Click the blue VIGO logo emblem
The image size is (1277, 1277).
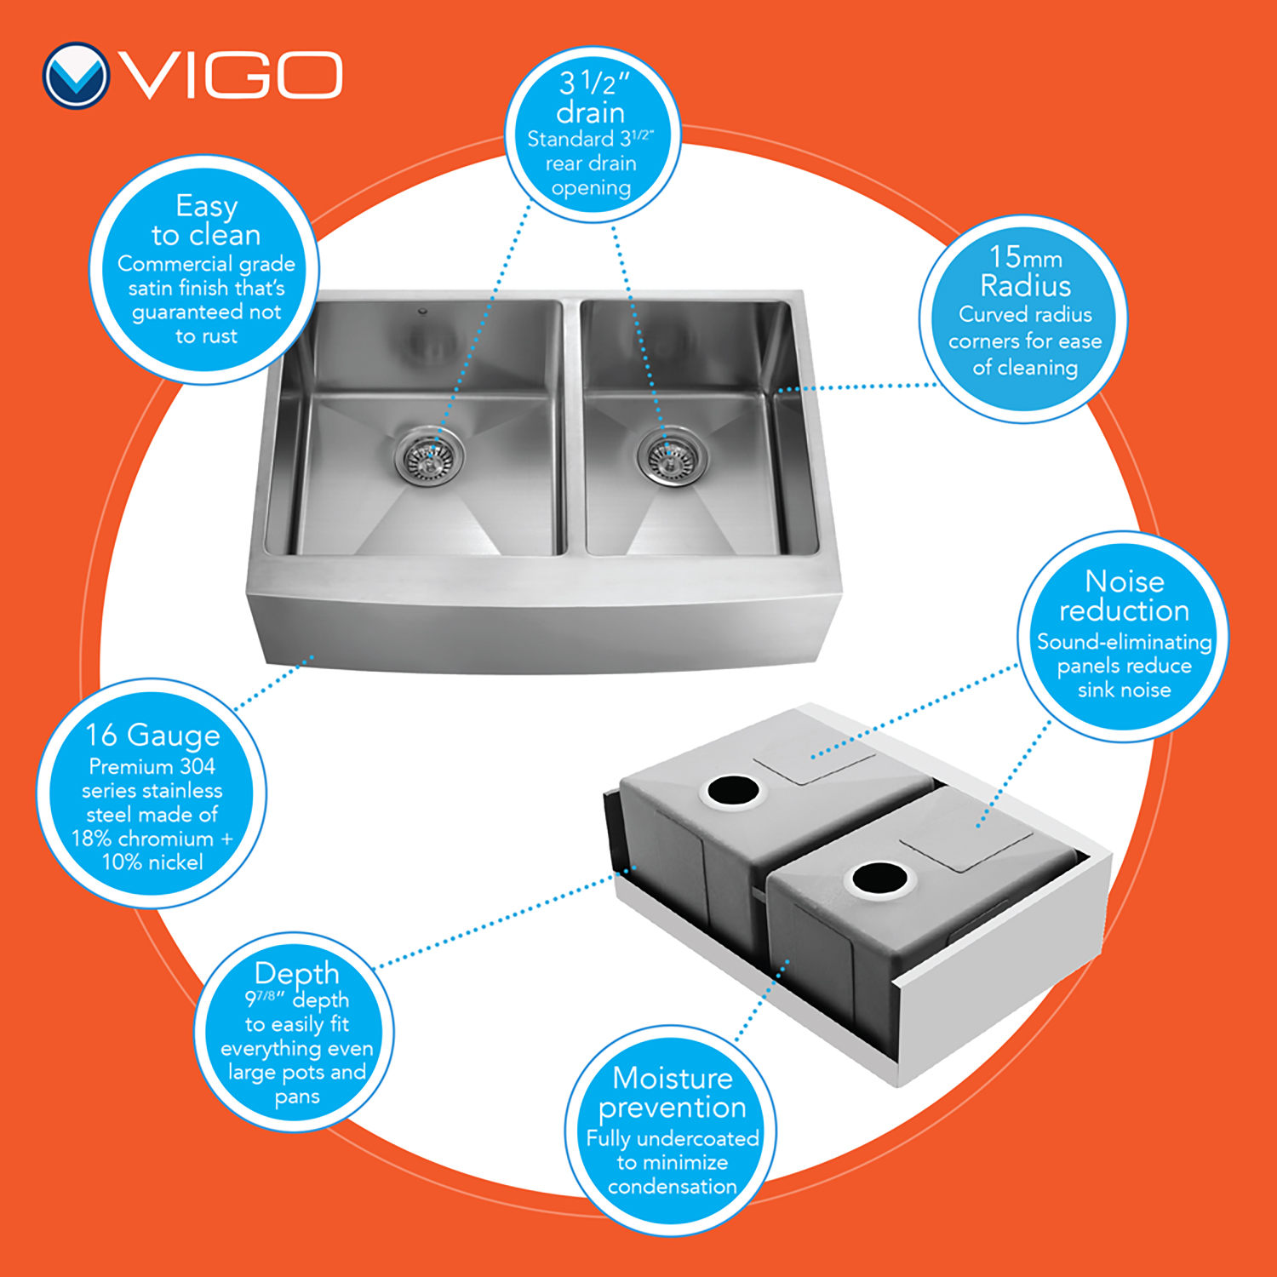[x=76, y=76]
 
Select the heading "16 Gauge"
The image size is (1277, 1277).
[x=152, y=734]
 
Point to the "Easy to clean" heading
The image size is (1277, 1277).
[x=206, y=220]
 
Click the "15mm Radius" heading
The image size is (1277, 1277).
[x=1025, y=270]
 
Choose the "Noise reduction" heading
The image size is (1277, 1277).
[x=1124, y=595]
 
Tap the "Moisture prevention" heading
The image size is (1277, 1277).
[x=673, y=1092]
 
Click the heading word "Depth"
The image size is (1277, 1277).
[x=296, y=973]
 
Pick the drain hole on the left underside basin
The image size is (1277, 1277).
[x=732, y=790]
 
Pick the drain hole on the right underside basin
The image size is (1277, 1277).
[x=879, y=879]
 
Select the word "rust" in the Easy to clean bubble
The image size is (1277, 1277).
[x=218, y=336]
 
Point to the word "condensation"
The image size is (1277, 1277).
[x=673, y=1186]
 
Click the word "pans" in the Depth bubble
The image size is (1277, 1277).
[x=297, y=1097]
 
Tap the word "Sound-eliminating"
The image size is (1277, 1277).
[x=1124, y=642]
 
